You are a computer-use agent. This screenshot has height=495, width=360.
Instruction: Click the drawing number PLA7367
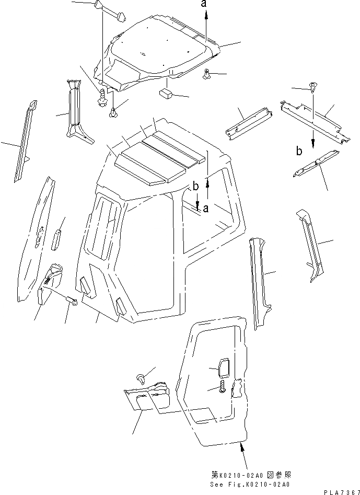click(343, 490)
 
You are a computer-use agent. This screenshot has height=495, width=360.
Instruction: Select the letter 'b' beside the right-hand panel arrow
click(298, 152)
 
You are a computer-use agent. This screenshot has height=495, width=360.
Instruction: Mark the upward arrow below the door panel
click(241, 445)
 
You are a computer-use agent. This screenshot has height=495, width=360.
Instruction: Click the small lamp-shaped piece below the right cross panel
click(316, 164)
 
